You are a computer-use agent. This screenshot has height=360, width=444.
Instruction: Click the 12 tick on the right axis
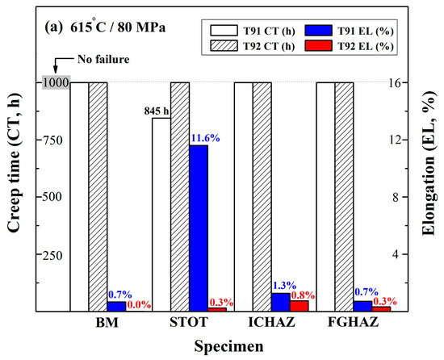coord(403,139)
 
